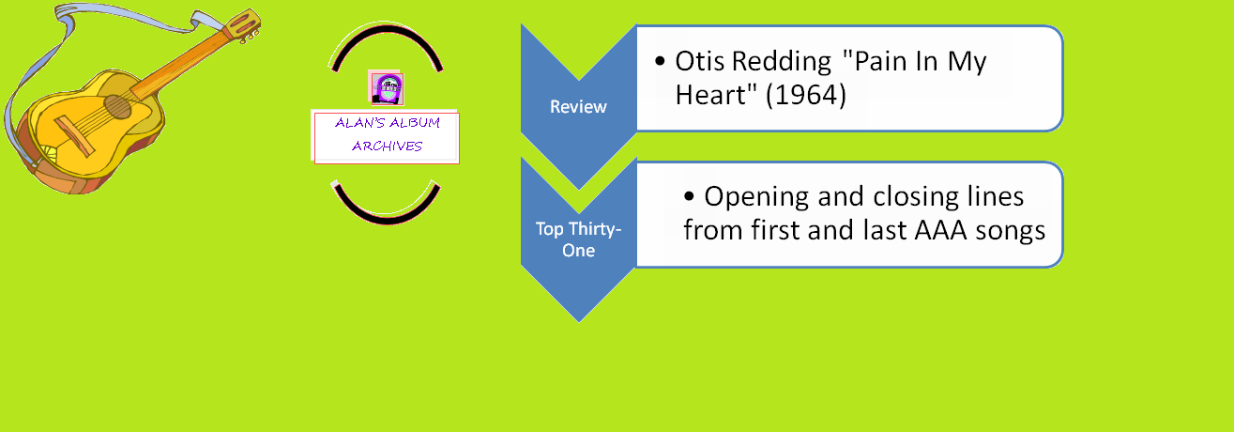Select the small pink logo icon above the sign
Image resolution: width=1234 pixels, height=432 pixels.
(386, 87)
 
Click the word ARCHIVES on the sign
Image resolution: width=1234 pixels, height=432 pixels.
(387, 146)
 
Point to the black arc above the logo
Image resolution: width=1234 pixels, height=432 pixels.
(386, 38)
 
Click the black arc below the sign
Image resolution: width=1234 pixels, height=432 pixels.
(386, 209)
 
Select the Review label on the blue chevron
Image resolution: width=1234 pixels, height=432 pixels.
(578, 107)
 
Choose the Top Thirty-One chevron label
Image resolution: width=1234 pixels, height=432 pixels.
(578, 239)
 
